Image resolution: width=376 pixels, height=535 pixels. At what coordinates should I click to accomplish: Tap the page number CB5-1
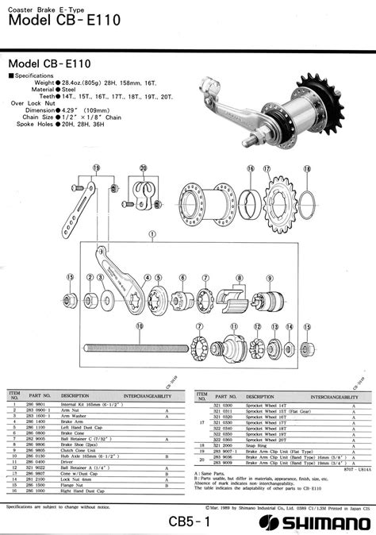[x=189, y=522]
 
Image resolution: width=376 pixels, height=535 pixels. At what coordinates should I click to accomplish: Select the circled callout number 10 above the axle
[x=140, y=325]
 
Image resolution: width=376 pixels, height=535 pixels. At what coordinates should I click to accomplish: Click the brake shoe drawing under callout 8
[x=232, y=300]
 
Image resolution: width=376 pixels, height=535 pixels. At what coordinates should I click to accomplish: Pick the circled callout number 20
[x=143, y=167]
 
